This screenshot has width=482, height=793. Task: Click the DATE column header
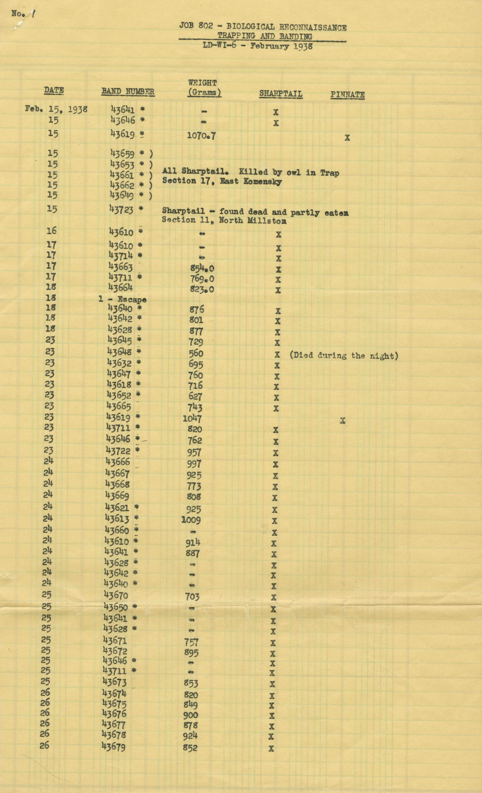(54, 90)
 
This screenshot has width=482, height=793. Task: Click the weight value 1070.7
(201, 135)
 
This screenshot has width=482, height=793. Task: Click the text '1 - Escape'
(122, 299)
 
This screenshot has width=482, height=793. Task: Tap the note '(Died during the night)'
(344, 356)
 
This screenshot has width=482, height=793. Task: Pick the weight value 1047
(192, 418)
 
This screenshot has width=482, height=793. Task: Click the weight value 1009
(191, 520)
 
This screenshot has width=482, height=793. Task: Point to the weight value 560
(196, 353)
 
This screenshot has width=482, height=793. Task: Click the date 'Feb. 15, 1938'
(56, 109)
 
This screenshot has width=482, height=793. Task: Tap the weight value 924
(190, 736)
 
